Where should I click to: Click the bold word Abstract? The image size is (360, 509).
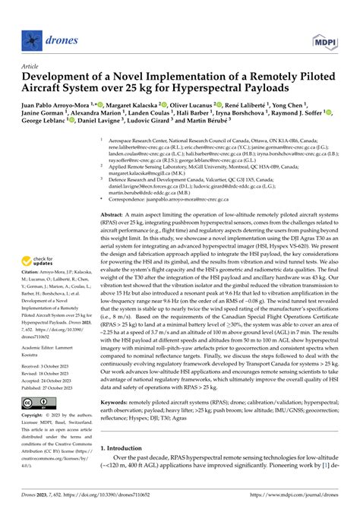115,216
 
